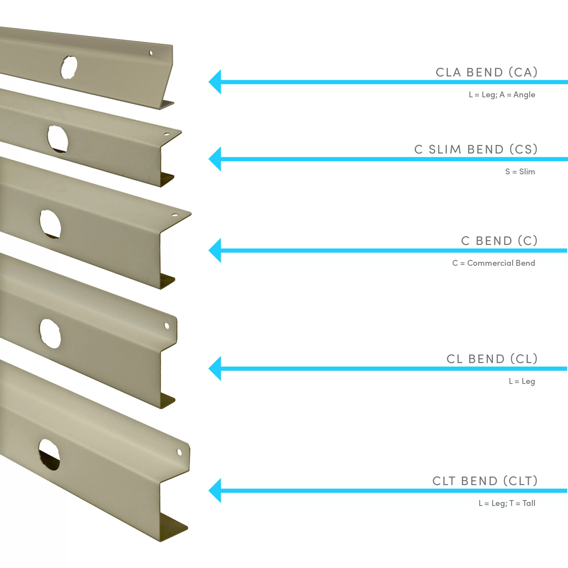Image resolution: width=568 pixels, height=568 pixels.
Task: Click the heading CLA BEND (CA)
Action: (487, 72)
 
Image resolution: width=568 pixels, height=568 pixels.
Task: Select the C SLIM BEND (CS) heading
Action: (476, 149)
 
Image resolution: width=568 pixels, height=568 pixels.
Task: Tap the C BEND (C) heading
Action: (499, 241)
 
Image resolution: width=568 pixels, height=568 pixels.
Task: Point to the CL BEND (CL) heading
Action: (492, 359)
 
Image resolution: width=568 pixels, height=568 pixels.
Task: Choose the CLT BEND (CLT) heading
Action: (485, 481)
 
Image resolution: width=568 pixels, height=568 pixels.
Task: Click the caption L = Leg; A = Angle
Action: (502, 95)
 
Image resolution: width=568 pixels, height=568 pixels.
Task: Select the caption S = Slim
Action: (520, 172)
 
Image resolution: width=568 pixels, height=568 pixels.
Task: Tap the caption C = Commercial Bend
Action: (494, 263)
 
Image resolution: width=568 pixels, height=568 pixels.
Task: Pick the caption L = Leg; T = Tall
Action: (507, 503)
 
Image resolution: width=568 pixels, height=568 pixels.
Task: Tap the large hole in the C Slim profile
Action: (58, 139)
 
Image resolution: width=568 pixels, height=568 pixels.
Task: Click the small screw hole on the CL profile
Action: (167, 326)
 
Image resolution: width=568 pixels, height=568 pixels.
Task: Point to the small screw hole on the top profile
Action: (151, 53)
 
